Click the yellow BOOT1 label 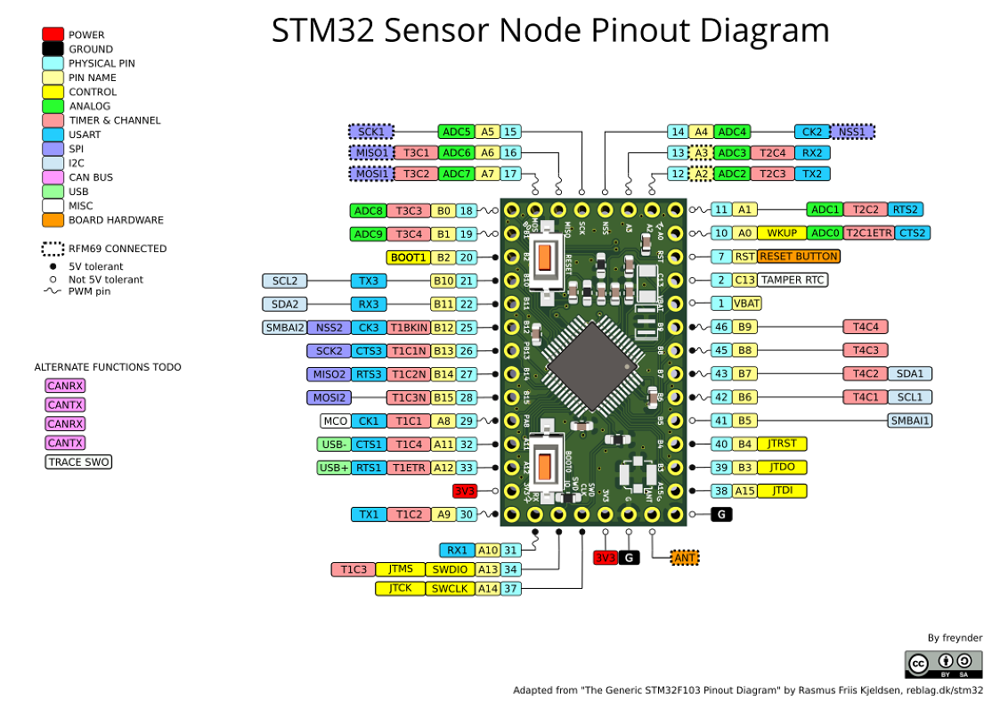(x=408, y=257)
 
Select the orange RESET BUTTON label (x=798, y=257)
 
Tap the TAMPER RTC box (x=792, y=280)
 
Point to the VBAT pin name (x=746, y=303)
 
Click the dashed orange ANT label (x=684, y=558)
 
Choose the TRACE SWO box (x=78, y=461)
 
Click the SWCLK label (x=450, y=588)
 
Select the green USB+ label (x=334, y=467)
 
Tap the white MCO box (x=335, y=420)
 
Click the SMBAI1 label (x=909, y=420)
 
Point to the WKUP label (x=781, y=233)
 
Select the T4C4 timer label (x=866, y=327)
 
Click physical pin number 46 (x=721, y=327)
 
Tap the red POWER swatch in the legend (x=53, y=35)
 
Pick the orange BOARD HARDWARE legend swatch (x=53, y=220)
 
